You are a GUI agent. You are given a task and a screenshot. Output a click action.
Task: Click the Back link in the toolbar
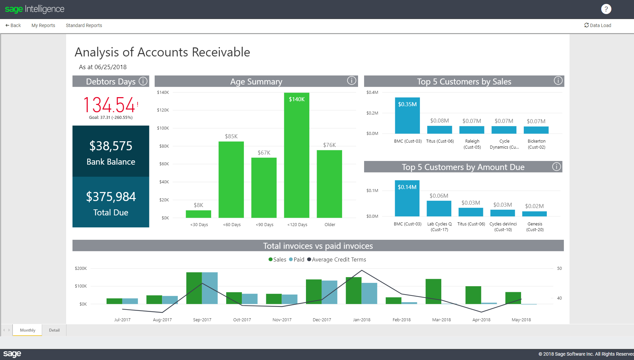pos(13,25)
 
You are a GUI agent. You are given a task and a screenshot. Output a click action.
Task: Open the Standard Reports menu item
pos(84,25)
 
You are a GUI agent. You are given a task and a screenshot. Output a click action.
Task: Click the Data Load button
pos(598,25)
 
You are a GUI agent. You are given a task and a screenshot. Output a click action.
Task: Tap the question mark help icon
pos(606,9)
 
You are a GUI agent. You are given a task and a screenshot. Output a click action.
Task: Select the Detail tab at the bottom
pos(54,330)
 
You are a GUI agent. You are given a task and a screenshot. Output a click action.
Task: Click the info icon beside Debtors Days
pos(143,81)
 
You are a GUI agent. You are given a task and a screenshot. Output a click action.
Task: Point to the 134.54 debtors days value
pos(109,105)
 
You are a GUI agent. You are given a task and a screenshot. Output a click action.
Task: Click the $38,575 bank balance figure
pos(111,146)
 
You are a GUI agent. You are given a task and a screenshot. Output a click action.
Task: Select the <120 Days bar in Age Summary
pos(297,157)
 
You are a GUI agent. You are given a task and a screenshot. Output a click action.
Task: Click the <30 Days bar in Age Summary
pos(198,214)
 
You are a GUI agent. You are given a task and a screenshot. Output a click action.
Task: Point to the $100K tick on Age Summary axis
pos(163,128)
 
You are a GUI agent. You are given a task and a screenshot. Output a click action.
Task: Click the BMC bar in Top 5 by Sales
pos(407,117)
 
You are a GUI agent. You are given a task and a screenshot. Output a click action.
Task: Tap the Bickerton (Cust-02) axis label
pos(536,144)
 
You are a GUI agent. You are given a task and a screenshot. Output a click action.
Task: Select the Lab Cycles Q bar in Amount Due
pos(439,209)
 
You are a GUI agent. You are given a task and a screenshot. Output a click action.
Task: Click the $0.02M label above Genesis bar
pos(534,206)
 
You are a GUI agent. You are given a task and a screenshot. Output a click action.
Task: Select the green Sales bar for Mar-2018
pos(433,291)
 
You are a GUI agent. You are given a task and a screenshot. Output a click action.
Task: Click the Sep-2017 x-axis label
pos(202,320)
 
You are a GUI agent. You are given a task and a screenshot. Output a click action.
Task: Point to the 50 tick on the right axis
pos(559,268)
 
